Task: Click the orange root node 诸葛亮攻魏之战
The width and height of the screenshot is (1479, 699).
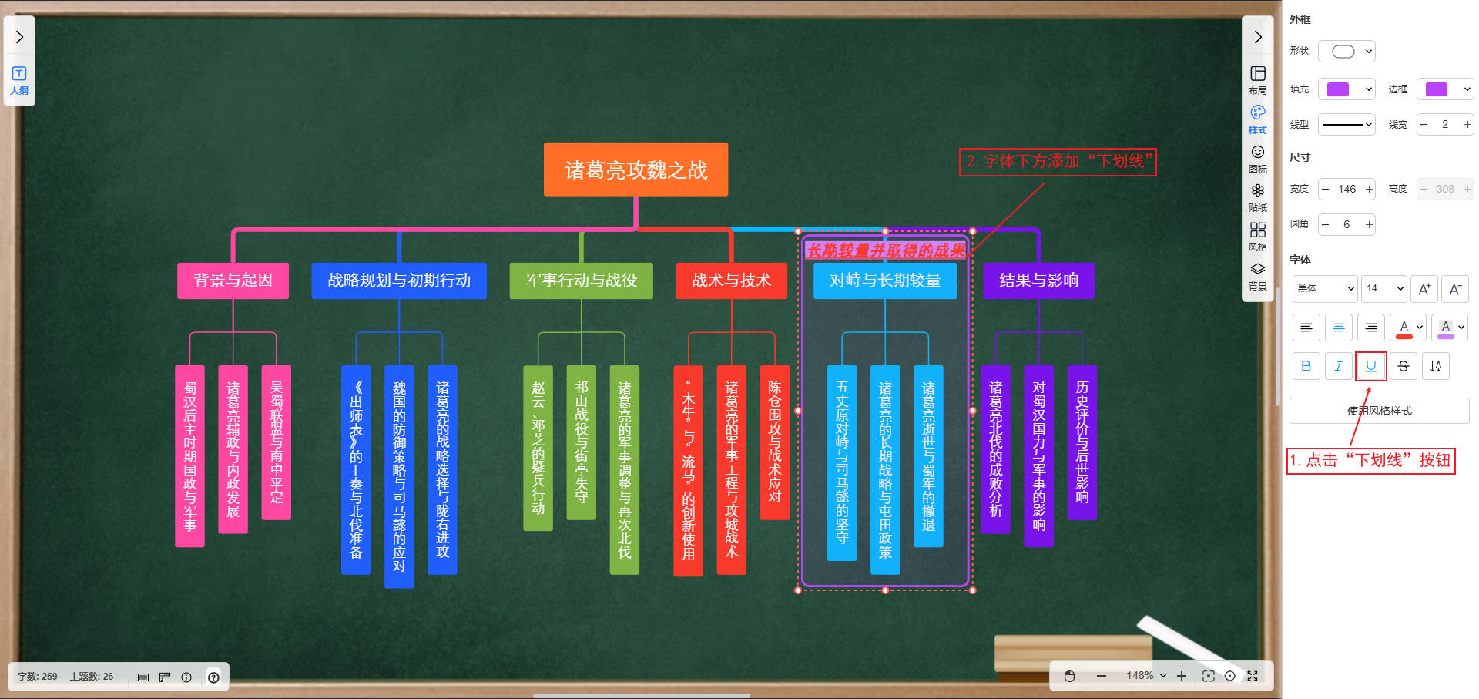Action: click(x=636, y=170)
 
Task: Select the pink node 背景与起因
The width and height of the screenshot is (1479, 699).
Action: click(x=233, y=281)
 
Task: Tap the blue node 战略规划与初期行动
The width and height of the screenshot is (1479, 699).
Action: click(x=399, y=281)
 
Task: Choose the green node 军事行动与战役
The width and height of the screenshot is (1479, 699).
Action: click(x=581, y=281)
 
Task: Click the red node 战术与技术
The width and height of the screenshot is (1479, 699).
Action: click(x=731, y=281)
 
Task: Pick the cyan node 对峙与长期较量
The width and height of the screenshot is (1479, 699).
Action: click(x=885, y=281)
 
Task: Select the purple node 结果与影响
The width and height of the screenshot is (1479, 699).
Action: click(x=1038, y=281)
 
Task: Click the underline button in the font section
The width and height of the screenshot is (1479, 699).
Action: click(x=1370, y=366)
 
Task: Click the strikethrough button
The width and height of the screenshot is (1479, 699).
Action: click(x=1403, y=366)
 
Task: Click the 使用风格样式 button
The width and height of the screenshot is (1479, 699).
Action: click(x=1379, y=411)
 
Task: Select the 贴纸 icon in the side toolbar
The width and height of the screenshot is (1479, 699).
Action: click(x=1257, y=197)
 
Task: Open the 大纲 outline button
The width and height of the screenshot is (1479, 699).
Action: click(x=19, y=80)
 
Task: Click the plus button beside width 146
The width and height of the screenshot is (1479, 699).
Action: click(x=1369, y=189)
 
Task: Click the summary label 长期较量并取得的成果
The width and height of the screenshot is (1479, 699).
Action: click(x=885, y=250)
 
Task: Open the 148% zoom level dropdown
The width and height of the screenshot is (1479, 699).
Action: click(x=1145, y=676)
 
